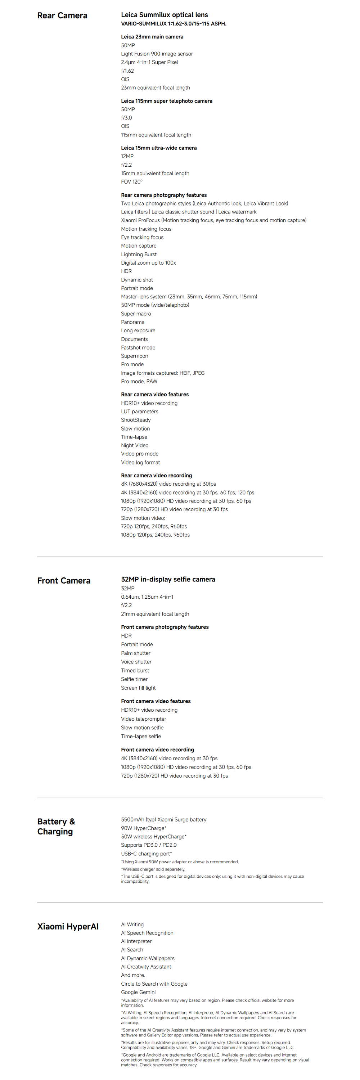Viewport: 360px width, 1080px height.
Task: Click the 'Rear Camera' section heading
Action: coord(62,15)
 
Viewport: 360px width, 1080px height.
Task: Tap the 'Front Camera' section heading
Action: coord(64,580)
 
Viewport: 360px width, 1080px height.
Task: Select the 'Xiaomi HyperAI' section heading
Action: coord(68,926)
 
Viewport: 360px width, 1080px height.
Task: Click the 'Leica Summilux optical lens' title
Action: coord(164,15)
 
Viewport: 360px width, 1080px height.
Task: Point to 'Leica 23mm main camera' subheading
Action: coord(152,37)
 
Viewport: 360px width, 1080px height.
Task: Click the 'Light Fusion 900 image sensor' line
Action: coord(157,54)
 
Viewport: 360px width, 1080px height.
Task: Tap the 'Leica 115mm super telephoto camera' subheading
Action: coord(166,101)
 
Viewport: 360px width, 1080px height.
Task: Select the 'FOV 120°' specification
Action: coord(132,181)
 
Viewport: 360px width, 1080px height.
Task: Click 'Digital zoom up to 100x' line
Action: coord(148,263)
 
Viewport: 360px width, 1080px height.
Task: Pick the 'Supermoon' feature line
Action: coord(135,356)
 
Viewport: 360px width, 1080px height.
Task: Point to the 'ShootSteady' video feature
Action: coord(136,420)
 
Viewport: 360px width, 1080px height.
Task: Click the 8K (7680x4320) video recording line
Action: coord(168,484)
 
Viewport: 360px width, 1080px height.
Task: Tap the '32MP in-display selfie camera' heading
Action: coord(168,579)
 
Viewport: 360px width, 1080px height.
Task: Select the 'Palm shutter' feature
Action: coord(136,653)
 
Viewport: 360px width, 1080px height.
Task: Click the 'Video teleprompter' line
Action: coord(144,719)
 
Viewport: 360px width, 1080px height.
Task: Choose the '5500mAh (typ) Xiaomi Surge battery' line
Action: coord(163,819)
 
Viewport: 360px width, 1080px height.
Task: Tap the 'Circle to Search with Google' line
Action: coord(154,984)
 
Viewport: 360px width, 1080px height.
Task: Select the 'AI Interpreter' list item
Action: coord(136,941)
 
